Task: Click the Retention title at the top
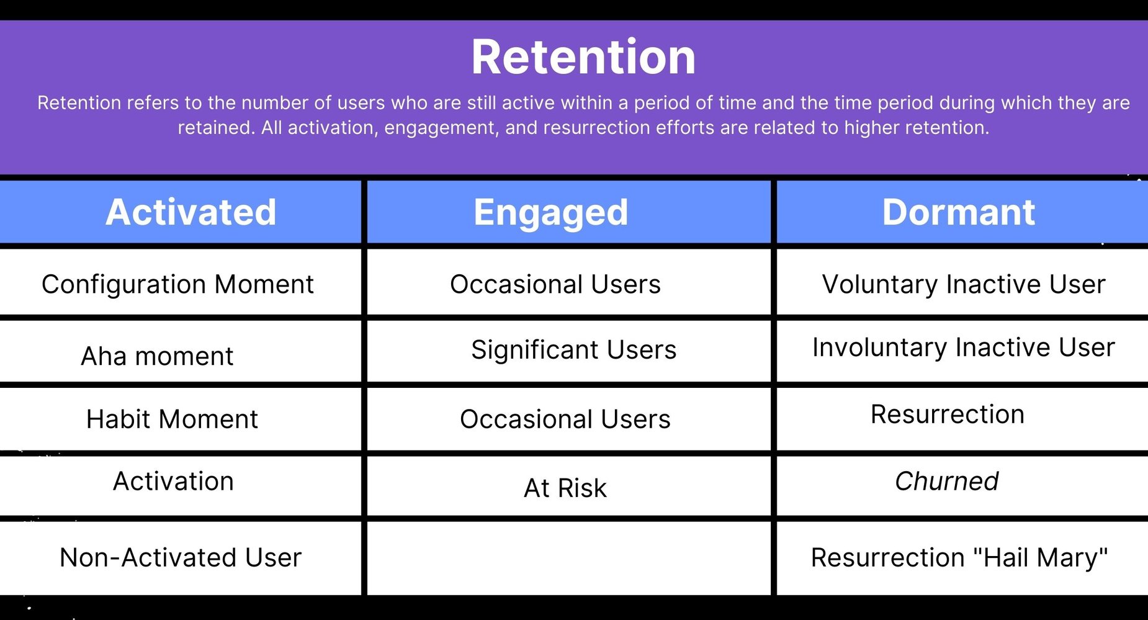[x=583, y=57]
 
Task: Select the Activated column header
[x=191, y=212]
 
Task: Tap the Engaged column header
[x=550, y=212]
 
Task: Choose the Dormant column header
[x=958, y=212]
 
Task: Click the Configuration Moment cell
[x=177, y=284]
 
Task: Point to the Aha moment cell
[x=157, y=356]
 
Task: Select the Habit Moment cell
[x=172, y=419]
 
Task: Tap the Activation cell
[x=173, y=481]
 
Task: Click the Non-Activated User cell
[x=180, y=557]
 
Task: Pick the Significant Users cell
[x=573, y=349]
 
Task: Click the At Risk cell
[x=565, y=488]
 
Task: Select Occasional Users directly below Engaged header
[x=555, y=284]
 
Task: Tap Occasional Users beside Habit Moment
[x=565, y=419]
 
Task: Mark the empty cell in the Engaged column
[x=568, y=557]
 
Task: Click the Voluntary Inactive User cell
[x=963, y=284]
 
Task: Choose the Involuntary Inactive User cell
[x=963, y=347]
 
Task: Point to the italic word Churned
[x=946, y=481]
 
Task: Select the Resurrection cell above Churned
[x=947, y=414]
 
